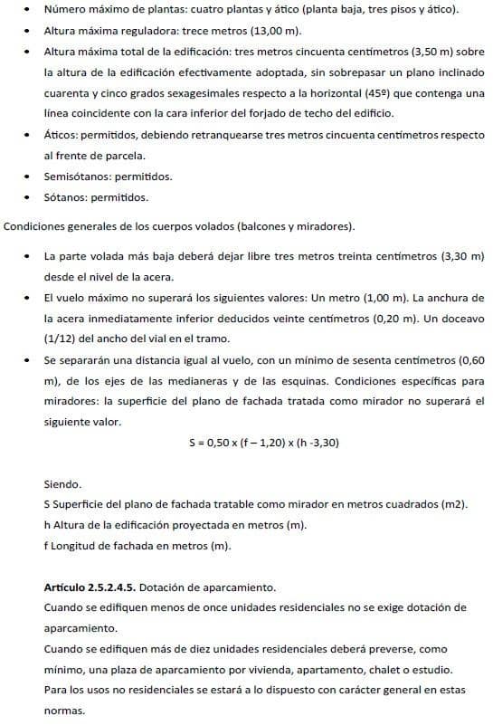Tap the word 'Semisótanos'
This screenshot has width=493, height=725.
click(x=78, y=176)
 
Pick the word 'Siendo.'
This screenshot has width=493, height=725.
click(x=62, y=484)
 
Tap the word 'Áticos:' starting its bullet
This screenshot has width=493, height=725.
click(x=63, y=135)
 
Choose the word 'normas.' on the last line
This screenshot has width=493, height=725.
click(x=64, y=711)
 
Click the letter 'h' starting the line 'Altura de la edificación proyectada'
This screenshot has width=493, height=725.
click(x=47, y=525)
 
